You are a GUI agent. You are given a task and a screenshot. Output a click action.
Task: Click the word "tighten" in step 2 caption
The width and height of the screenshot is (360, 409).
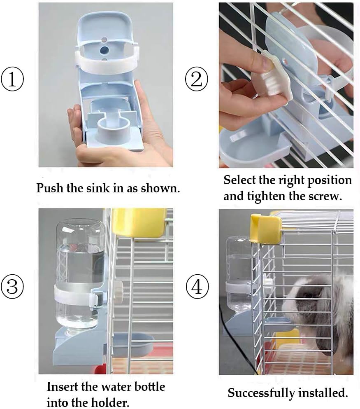coord(265,196)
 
